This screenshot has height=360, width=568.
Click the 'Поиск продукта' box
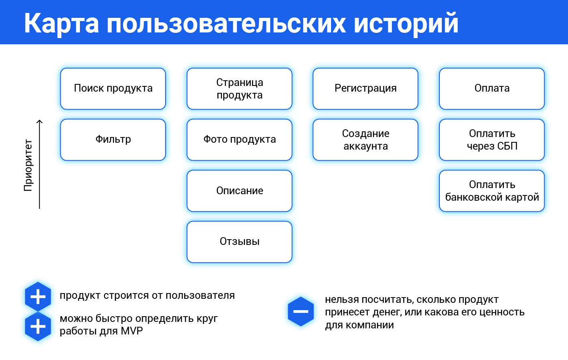[113, 89]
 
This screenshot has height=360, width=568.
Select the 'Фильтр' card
[113, 140]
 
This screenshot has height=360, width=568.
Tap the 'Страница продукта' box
[239, 89]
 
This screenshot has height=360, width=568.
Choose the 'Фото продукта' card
[239, 140]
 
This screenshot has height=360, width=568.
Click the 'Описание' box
[239, 191]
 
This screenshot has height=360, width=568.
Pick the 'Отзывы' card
[239, 242]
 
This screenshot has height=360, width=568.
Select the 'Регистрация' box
[366, 89]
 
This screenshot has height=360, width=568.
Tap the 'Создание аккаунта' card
[366, 140]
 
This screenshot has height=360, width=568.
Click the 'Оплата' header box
[492, 89]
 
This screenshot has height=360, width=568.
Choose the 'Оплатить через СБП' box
[492, 140]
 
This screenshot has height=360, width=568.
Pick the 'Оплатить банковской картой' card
[492, 191]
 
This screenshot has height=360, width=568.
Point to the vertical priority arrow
[39, 164]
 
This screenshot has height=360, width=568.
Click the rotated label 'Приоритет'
[28, 165]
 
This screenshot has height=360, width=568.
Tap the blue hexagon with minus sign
[301, 311]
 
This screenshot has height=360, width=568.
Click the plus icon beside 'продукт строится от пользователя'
[38, 297]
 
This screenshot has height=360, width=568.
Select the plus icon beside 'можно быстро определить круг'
[38, 326]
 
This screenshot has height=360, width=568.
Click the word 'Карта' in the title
[61, 23]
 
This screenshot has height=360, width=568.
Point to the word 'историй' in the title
[406, 23]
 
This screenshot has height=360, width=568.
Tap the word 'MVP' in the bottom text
[131, 331]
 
